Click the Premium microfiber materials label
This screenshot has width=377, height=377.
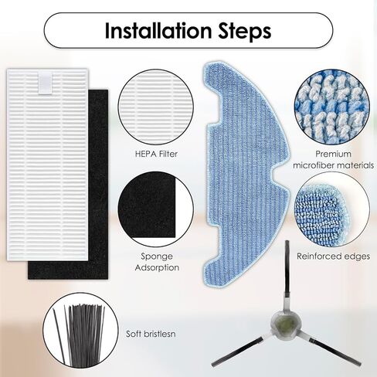(333, 159)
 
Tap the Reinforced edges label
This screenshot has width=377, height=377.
(333, 256)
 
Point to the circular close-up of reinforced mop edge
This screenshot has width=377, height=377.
(333, 207)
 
